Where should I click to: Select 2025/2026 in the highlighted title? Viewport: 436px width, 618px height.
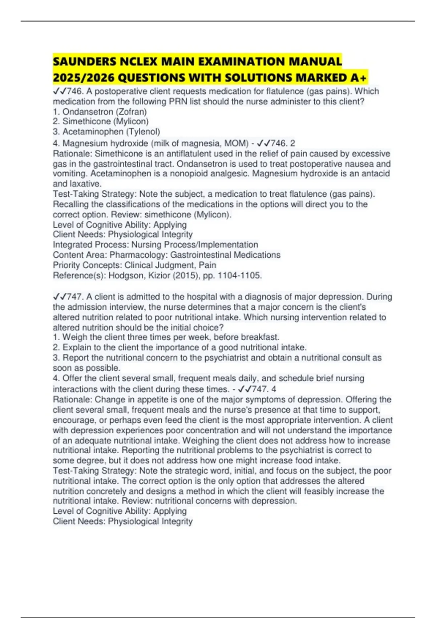tap(84, 77)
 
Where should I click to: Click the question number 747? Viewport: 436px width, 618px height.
tap(74, 297)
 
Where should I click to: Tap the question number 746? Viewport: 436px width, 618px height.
tap(74, 91)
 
